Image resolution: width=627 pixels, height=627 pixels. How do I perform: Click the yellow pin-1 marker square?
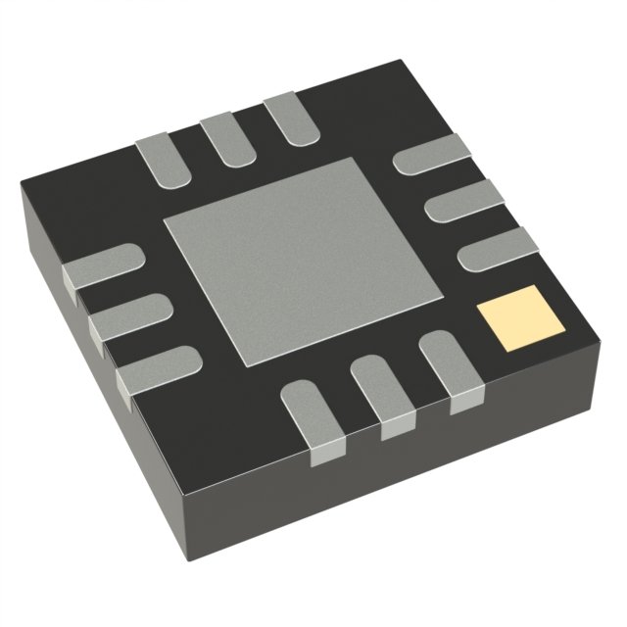point(512,318)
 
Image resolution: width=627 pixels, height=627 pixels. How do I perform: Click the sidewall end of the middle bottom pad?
point(397,428)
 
